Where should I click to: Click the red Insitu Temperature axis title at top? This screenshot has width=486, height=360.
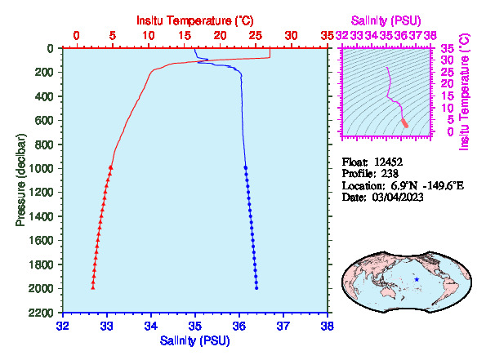(195, 20)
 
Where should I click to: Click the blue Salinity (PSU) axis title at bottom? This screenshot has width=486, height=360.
(194, 340)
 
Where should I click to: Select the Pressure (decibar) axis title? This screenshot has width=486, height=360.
(20, 180)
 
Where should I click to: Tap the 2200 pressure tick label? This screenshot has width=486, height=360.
(41, 313)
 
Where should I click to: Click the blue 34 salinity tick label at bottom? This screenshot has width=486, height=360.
(151, 327)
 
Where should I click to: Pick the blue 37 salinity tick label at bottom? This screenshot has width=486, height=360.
(283, 327)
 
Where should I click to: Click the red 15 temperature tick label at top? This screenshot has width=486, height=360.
(185, 36)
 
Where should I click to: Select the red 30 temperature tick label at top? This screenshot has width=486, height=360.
(291, 36)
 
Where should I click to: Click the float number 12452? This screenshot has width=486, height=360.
(388, 162)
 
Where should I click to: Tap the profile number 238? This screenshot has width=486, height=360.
(390, 173)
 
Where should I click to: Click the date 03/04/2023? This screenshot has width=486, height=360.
(398, 197)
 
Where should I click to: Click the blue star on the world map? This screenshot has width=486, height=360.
(417, 279)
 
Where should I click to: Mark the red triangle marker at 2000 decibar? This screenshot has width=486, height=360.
(92, 288)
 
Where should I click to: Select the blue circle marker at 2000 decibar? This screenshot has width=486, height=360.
(256, 288)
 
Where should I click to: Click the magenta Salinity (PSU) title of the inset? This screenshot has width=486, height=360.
(386, 20)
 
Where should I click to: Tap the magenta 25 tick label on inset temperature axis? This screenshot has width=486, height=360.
(447, 72)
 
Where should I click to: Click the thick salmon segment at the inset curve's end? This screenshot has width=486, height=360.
(405, 123)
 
